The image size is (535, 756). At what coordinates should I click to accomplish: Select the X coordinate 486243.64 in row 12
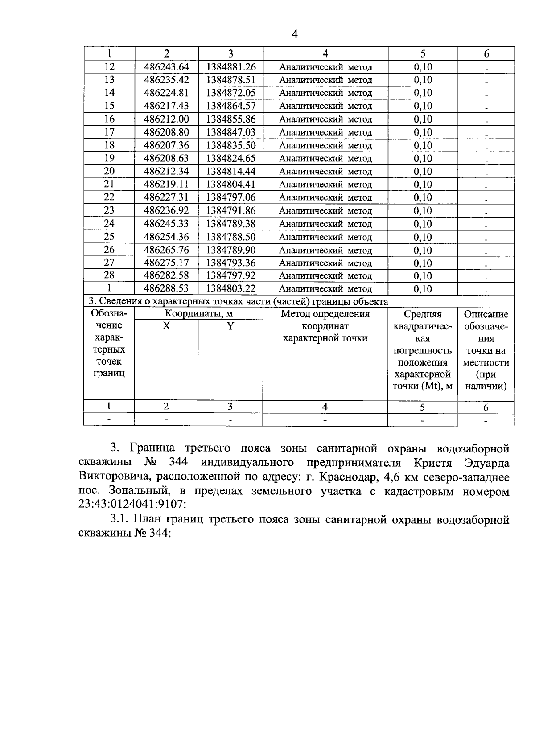click(x=167, y=67)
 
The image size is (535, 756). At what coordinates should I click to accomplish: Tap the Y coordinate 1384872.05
click(x=230, y=93)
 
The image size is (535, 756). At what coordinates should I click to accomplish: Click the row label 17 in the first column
click(x=109, y=132)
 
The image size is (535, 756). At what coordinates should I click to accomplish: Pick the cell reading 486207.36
click(x=167, y=145)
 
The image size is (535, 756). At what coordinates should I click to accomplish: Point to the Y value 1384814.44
click(x=230, y=171)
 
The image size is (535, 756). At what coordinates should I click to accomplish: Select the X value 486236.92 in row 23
click(x=167, y=210)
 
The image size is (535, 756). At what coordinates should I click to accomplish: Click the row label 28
click(x=109, y=275)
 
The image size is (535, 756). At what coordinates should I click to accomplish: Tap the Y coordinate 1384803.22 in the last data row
click(x=230, y=288)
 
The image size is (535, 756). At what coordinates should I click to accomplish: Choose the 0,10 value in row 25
click(x=423, y=237)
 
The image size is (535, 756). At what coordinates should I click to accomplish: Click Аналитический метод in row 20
click(x=325, y=172)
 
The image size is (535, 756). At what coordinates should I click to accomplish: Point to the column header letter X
click(x=166, y=326)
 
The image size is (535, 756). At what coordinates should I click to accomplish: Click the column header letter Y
click(x=230, y=326)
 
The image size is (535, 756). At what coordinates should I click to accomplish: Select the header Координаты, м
click(x=198, y=314)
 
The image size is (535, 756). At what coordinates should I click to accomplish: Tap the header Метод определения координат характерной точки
click(x=325, y=326)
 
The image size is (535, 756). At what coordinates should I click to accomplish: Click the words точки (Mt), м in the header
click(x=422, y=386)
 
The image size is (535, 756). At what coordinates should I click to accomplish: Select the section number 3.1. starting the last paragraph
click(x=119, y=520)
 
